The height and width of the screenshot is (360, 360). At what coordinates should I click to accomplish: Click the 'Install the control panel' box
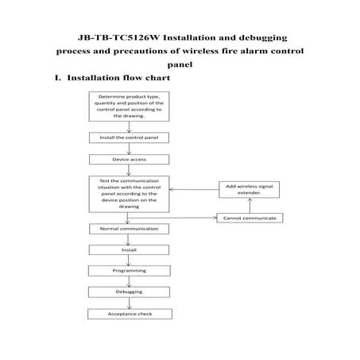coord(129,137)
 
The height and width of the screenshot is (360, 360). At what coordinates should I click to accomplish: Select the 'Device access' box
coord(129,159)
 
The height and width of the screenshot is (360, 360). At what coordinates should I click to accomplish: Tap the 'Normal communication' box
coord(129,229)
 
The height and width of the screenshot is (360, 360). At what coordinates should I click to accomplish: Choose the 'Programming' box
coord(129,271)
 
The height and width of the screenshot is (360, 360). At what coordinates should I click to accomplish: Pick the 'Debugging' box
coord(129,292)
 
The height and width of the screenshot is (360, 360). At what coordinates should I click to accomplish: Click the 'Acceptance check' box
coord(129,314)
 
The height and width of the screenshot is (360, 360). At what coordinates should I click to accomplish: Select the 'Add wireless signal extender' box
coord(250,189)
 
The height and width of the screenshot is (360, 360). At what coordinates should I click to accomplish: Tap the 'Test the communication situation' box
coord(129,193)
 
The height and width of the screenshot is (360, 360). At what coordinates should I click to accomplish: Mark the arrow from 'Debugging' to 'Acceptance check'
coord(129,304)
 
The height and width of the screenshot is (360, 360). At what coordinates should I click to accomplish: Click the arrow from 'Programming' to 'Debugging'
coord(129,282)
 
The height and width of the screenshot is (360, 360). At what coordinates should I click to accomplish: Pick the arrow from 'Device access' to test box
coord(129,169)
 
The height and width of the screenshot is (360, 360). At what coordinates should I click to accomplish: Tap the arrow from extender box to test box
coord(195,189)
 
